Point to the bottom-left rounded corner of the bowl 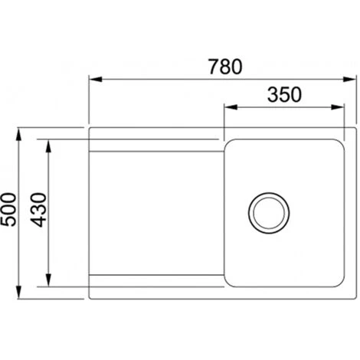(x=228, y=283)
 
